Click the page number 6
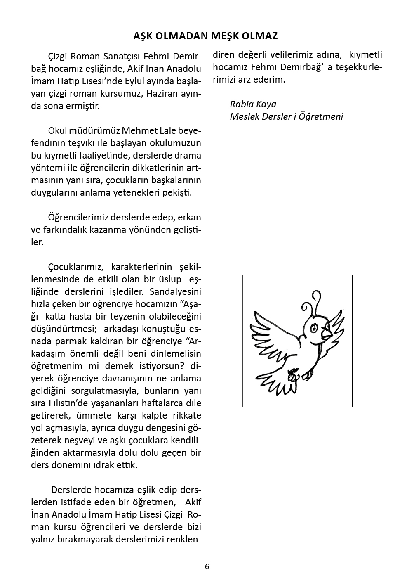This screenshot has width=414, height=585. [207, 567]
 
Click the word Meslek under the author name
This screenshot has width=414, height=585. [243, 116]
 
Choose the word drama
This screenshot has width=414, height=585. [188, 156]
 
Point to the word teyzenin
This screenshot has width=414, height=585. [133, 317]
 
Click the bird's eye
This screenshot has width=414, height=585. [313, 328]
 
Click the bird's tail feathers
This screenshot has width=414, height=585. [280, 386]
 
